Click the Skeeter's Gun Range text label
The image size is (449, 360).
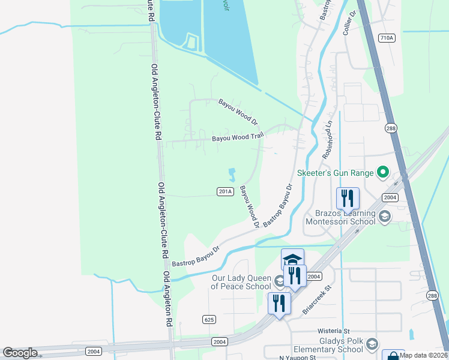(x=335, y=173)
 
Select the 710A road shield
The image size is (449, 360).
(x=387, y=38)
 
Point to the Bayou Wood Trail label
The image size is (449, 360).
(x=238, y=139)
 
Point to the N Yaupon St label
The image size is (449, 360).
(x=297, y=358)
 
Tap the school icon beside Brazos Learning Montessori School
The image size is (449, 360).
(x=384, y=216)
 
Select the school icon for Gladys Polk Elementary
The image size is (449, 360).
(x=372, y=344)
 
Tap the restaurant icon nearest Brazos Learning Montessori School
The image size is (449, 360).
(x=348, y=199)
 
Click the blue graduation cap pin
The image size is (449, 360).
(x=292, y=259)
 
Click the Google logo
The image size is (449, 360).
(x=20, y=353)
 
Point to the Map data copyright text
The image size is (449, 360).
(x=424, y=355)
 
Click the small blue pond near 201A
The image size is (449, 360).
(x=232, y=175)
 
